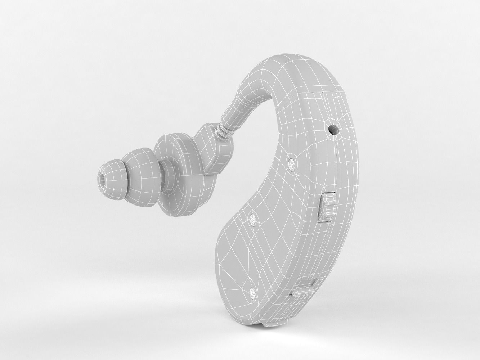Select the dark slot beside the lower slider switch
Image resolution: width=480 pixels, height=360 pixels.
click(292, 294)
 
